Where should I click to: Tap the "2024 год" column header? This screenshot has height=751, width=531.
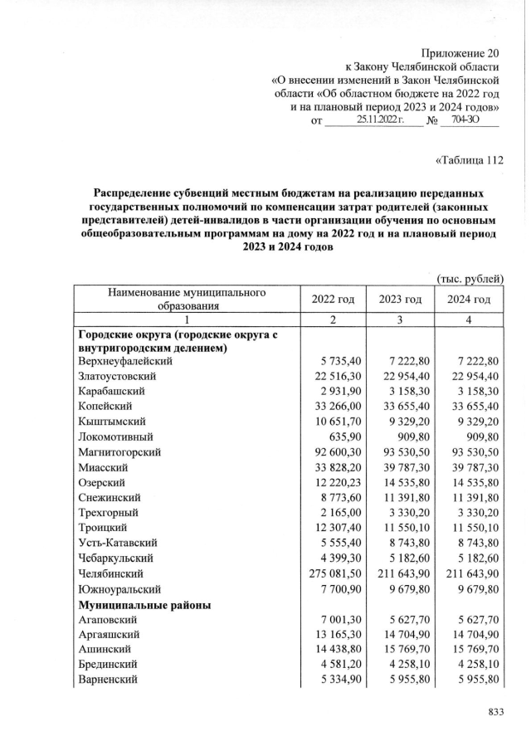(470, 300)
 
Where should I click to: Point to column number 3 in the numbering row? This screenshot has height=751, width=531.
(401, 319)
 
